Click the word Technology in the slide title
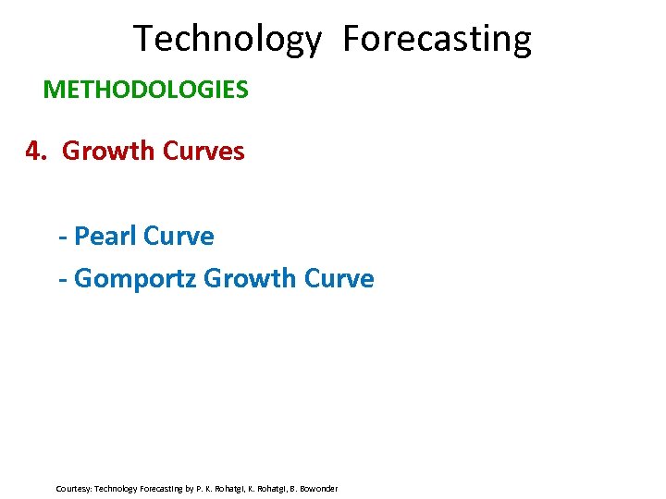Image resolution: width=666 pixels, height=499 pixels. coord(228,40)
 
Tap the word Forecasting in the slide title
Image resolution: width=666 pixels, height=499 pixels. coord(437,40)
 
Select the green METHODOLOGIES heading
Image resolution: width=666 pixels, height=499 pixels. coord(145,90)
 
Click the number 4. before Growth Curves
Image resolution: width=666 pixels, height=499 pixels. coord(36,151)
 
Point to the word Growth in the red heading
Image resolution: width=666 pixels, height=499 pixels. coord(108,151)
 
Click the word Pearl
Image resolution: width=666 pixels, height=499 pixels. coord(104,237)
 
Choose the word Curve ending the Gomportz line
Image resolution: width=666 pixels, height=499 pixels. coord(339,278)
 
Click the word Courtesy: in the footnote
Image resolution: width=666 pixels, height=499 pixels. coord(73,488)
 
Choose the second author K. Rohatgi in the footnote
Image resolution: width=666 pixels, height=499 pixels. coord(272,488)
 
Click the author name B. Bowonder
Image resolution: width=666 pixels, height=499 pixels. coord(317,488)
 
